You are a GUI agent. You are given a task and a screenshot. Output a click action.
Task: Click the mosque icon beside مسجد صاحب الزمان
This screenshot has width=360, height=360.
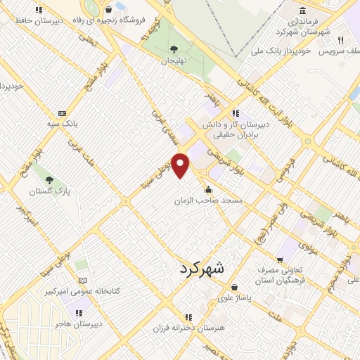208,189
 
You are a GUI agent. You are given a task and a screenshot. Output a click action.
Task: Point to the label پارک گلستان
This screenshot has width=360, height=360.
46,191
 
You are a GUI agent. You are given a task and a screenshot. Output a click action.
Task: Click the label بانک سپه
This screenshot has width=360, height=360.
62,124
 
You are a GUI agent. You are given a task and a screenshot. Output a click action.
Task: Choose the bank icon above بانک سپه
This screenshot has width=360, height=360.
62,112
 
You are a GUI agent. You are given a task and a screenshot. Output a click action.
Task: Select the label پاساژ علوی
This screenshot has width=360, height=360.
234,297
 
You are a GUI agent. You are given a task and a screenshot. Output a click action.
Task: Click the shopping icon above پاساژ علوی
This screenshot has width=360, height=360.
234,287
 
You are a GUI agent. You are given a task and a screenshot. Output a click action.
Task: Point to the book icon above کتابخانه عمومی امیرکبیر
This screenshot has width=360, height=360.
83,280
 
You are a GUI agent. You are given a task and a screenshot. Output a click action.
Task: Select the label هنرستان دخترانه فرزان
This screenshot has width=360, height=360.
188,328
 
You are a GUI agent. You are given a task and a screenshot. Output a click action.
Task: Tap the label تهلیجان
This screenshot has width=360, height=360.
174,60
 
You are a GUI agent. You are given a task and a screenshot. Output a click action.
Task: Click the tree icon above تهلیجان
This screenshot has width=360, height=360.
174,49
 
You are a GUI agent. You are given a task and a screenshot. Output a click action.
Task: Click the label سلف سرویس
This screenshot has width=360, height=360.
340,51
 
